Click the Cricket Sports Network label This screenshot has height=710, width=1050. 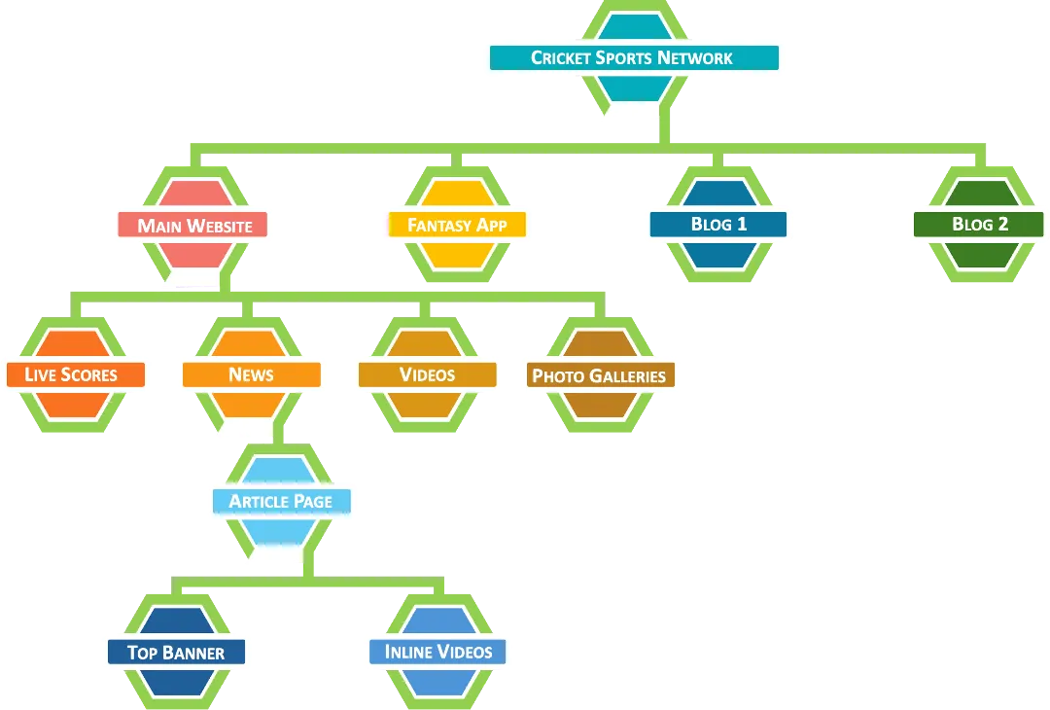point(633,58)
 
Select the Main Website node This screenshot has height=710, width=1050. point(194,226)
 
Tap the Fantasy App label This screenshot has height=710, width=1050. point(457,226)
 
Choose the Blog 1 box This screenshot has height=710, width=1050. point(718,225)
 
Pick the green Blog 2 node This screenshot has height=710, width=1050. point(980,225)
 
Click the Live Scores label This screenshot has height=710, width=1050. point(71,375)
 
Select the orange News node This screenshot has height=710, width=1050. point(251,375)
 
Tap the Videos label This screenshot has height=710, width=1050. point(427,375)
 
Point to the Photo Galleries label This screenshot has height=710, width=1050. point(599,376)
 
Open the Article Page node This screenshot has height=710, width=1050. point(281,502)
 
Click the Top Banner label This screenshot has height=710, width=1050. point(176,653)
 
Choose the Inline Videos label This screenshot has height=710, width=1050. point(438,653)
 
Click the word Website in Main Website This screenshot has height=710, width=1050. point(220,226)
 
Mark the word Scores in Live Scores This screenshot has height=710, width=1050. point(90,375)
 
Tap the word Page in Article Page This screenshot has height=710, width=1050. point(311,502)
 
